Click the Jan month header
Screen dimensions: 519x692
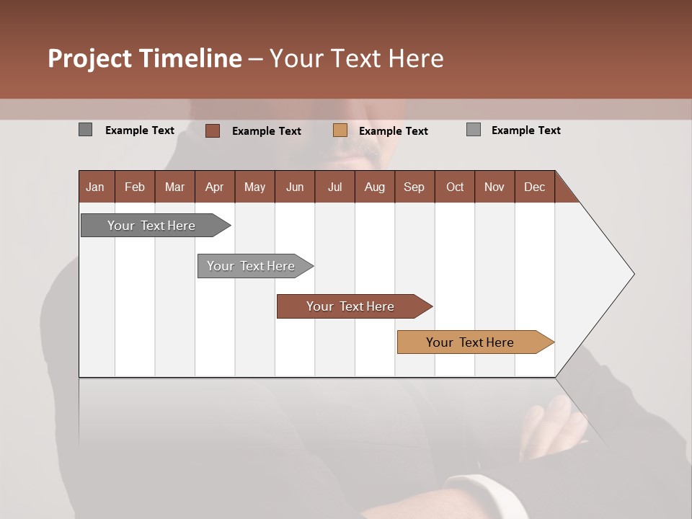click(x=95, y=187)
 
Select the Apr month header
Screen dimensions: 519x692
click(x=214, y=187)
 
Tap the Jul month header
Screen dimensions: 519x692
click(x=334, y=187)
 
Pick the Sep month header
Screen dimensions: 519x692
click(x=414, y=187)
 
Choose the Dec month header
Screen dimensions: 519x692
click(x=534, y=187)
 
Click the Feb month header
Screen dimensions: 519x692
click(x=135, y=187)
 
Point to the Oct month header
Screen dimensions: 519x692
click(x=455, y=187)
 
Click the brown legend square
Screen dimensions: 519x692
click(x=212, y=130)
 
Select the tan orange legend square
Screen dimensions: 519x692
click(x=340, y=130)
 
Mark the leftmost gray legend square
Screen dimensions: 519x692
click(x=85, y=130)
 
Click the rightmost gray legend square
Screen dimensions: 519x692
click(x=474, y=130)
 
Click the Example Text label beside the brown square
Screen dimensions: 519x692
click(x=267, y=131)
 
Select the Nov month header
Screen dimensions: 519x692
click(x=494, y=187)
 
